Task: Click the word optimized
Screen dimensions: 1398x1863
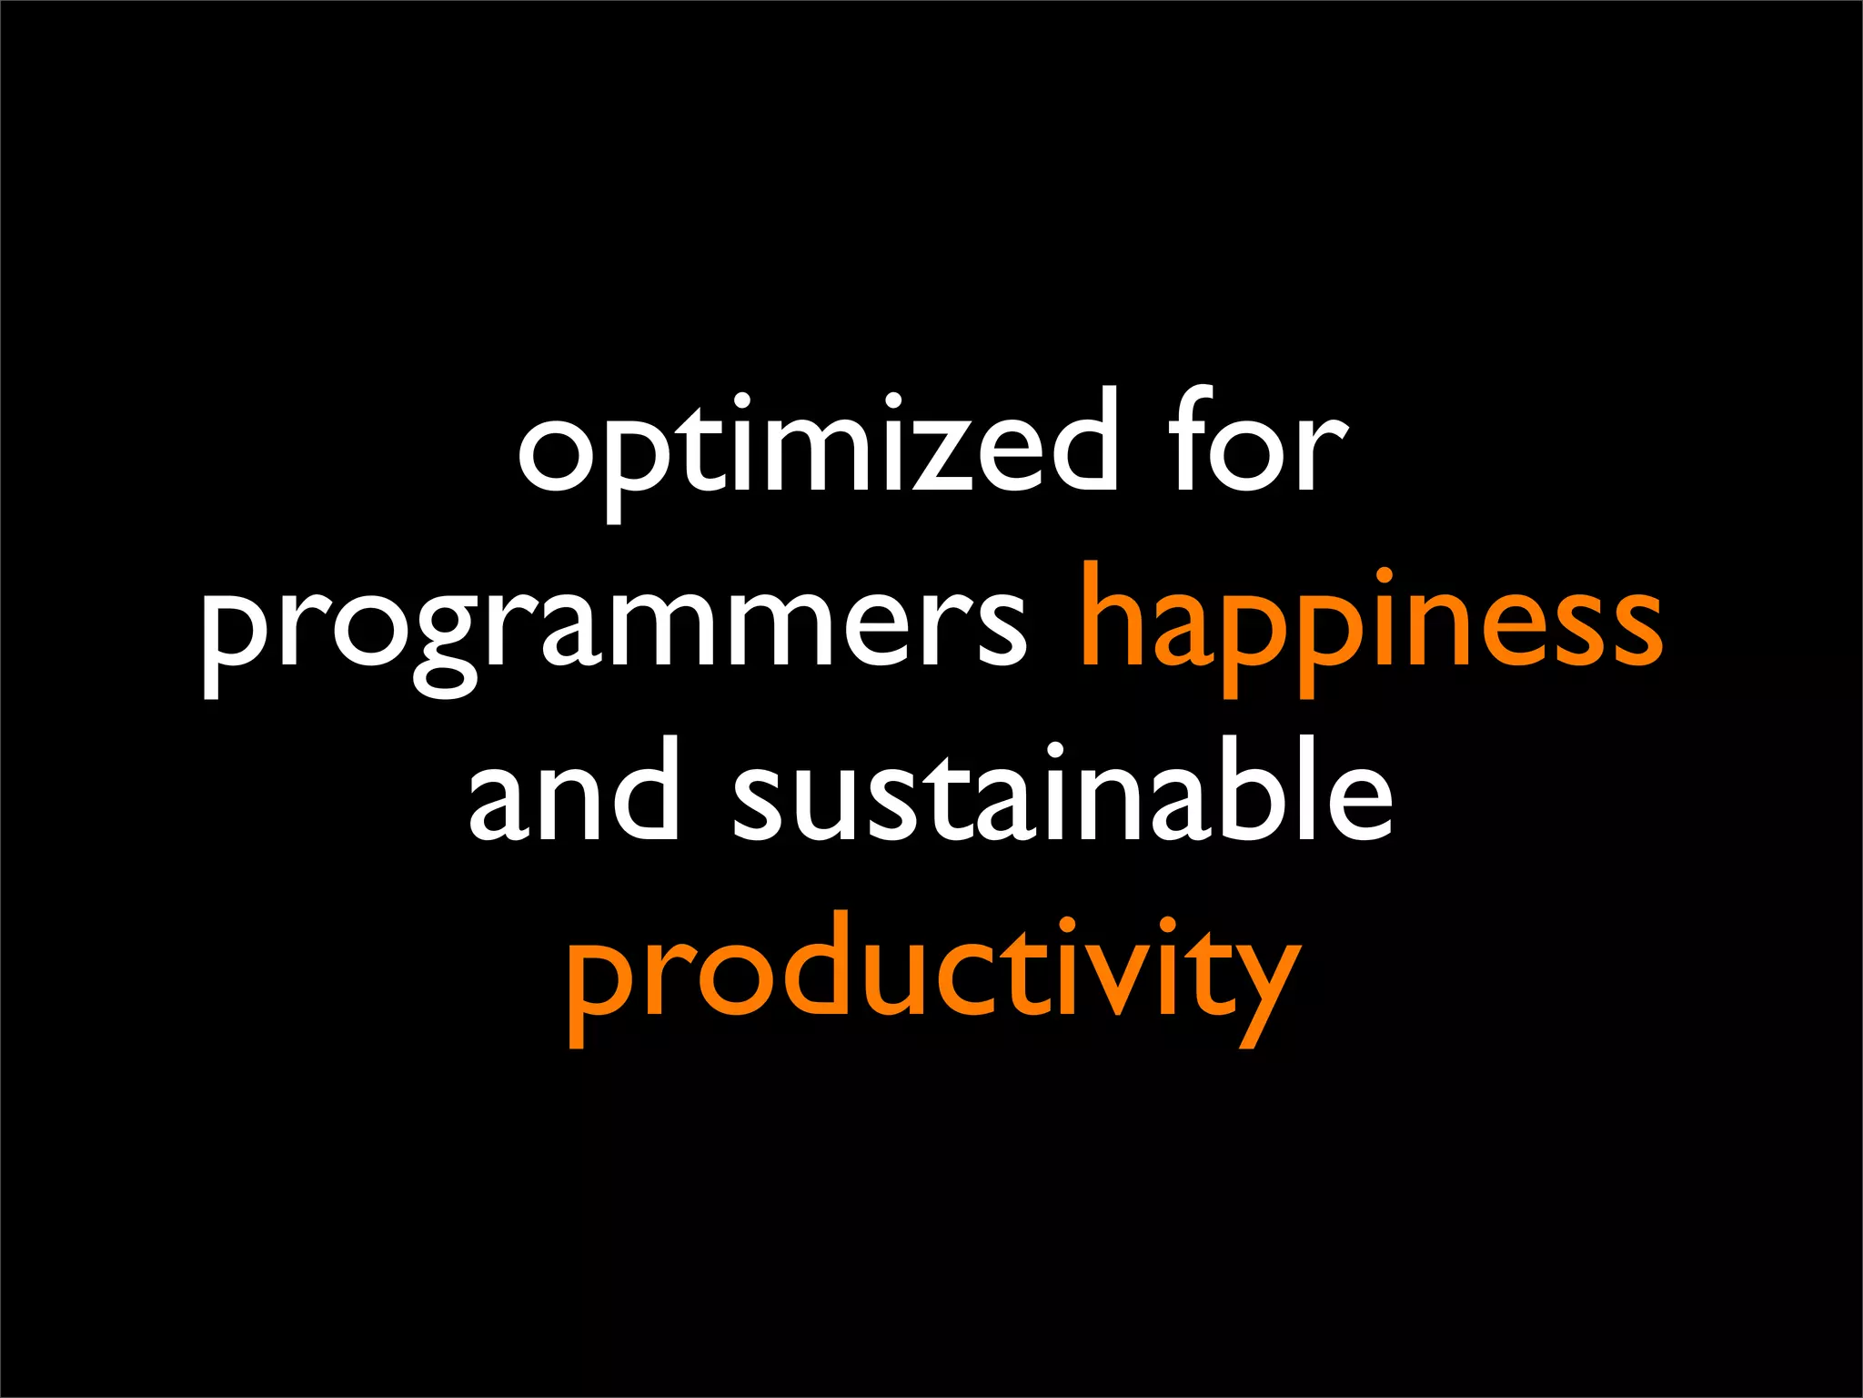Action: click(x=816, y=446)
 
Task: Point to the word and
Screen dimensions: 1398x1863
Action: click(x=573, y=792)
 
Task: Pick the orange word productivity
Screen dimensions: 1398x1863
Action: click(x=931, y=974)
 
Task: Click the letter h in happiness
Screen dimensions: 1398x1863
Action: click(x=1113, y=614)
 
